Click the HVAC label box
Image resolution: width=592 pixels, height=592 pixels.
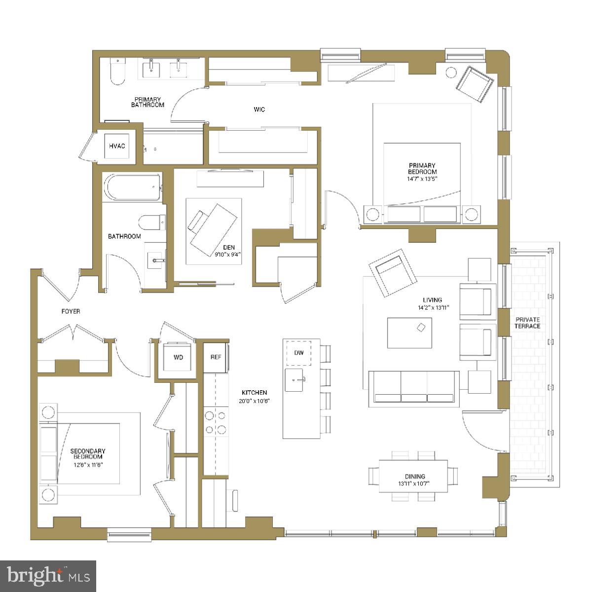pos(117,146)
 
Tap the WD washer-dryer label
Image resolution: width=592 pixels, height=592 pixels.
pos(178,357)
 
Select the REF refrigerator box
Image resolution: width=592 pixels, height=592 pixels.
pos(216,357)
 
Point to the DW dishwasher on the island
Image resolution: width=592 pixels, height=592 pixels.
pos(299,352)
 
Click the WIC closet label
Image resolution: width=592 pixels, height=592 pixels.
pos(259,110)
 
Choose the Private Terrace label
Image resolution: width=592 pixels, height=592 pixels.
pos(527,323)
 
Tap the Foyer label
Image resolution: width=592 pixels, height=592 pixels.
pos(71,311)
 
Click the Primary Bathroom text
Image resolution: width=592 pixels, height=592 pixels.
pos(148,102)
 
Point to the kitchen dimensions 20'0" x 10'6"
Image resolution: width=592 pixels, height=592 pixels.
pos(255,401)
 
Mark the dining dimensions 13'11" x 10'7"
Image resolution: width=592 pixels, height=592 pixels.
pos(414,483)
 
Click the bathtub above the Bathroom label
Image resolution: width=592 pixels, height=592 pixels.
pos(132,186)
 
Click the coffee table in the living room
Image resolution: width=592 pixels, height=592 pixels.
pos(409,333)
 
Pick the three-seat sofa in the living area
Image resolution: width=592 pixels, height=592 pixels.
pos(414,387)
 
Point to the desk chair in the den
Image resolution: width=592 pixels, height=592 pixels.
pos(199,221)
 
